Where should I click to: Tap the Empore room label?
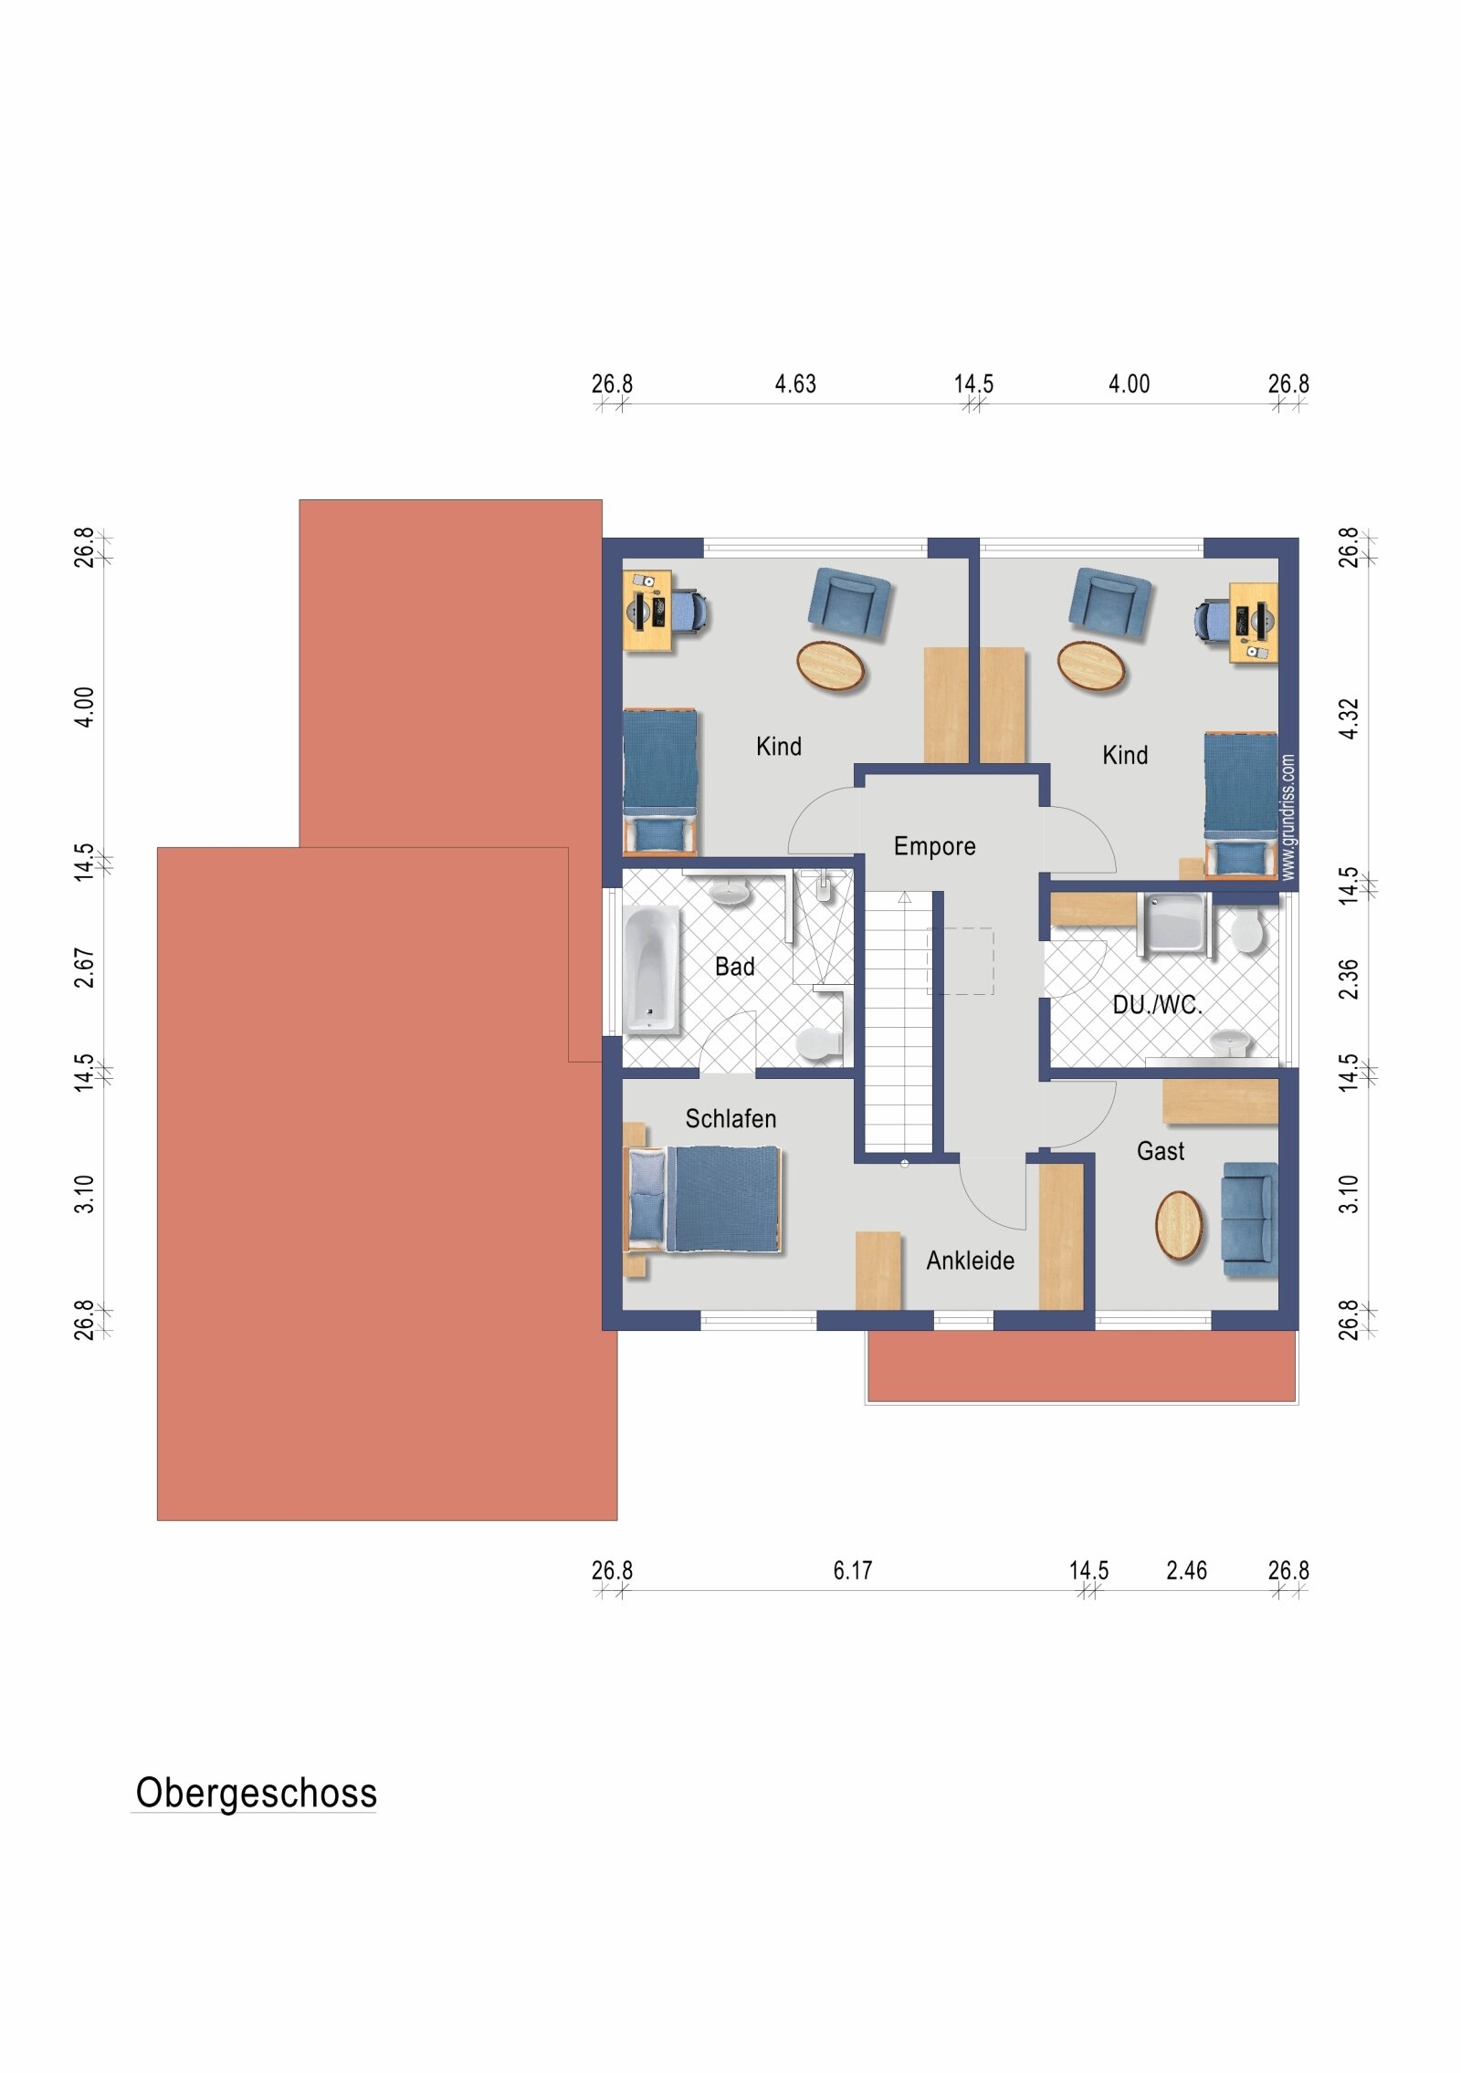(934, 847)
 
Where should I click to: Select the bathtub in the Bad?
(652, 969)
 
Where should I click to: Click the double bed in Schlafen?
(705, 1199)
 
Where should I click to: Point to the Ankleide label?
(971, 1261)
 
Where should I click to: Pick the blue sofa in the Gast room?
(1249, 1220)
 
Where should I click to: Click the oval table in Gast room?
(1179, 1226)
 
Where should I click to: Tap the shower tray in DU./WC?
(1174, 922)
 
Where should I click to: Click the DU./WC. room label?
(1157, 1005)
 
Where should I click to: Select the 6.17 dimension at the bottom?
(853, 1571)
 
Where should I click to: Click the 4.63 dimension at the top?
(795, 384)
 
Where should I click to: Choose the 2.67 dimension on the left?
(84, 968)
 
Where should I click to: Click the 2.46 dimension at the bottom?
(1186, 1571)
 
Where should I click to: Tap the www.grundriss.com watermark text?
(1288, 817)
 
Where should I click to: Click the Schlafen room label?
(730, 1119)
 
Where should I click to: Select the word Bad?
(735, 967)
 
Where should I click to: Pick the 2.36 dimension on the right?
(1350, 979)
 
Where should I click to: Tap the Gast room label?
(1161, 1151)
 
